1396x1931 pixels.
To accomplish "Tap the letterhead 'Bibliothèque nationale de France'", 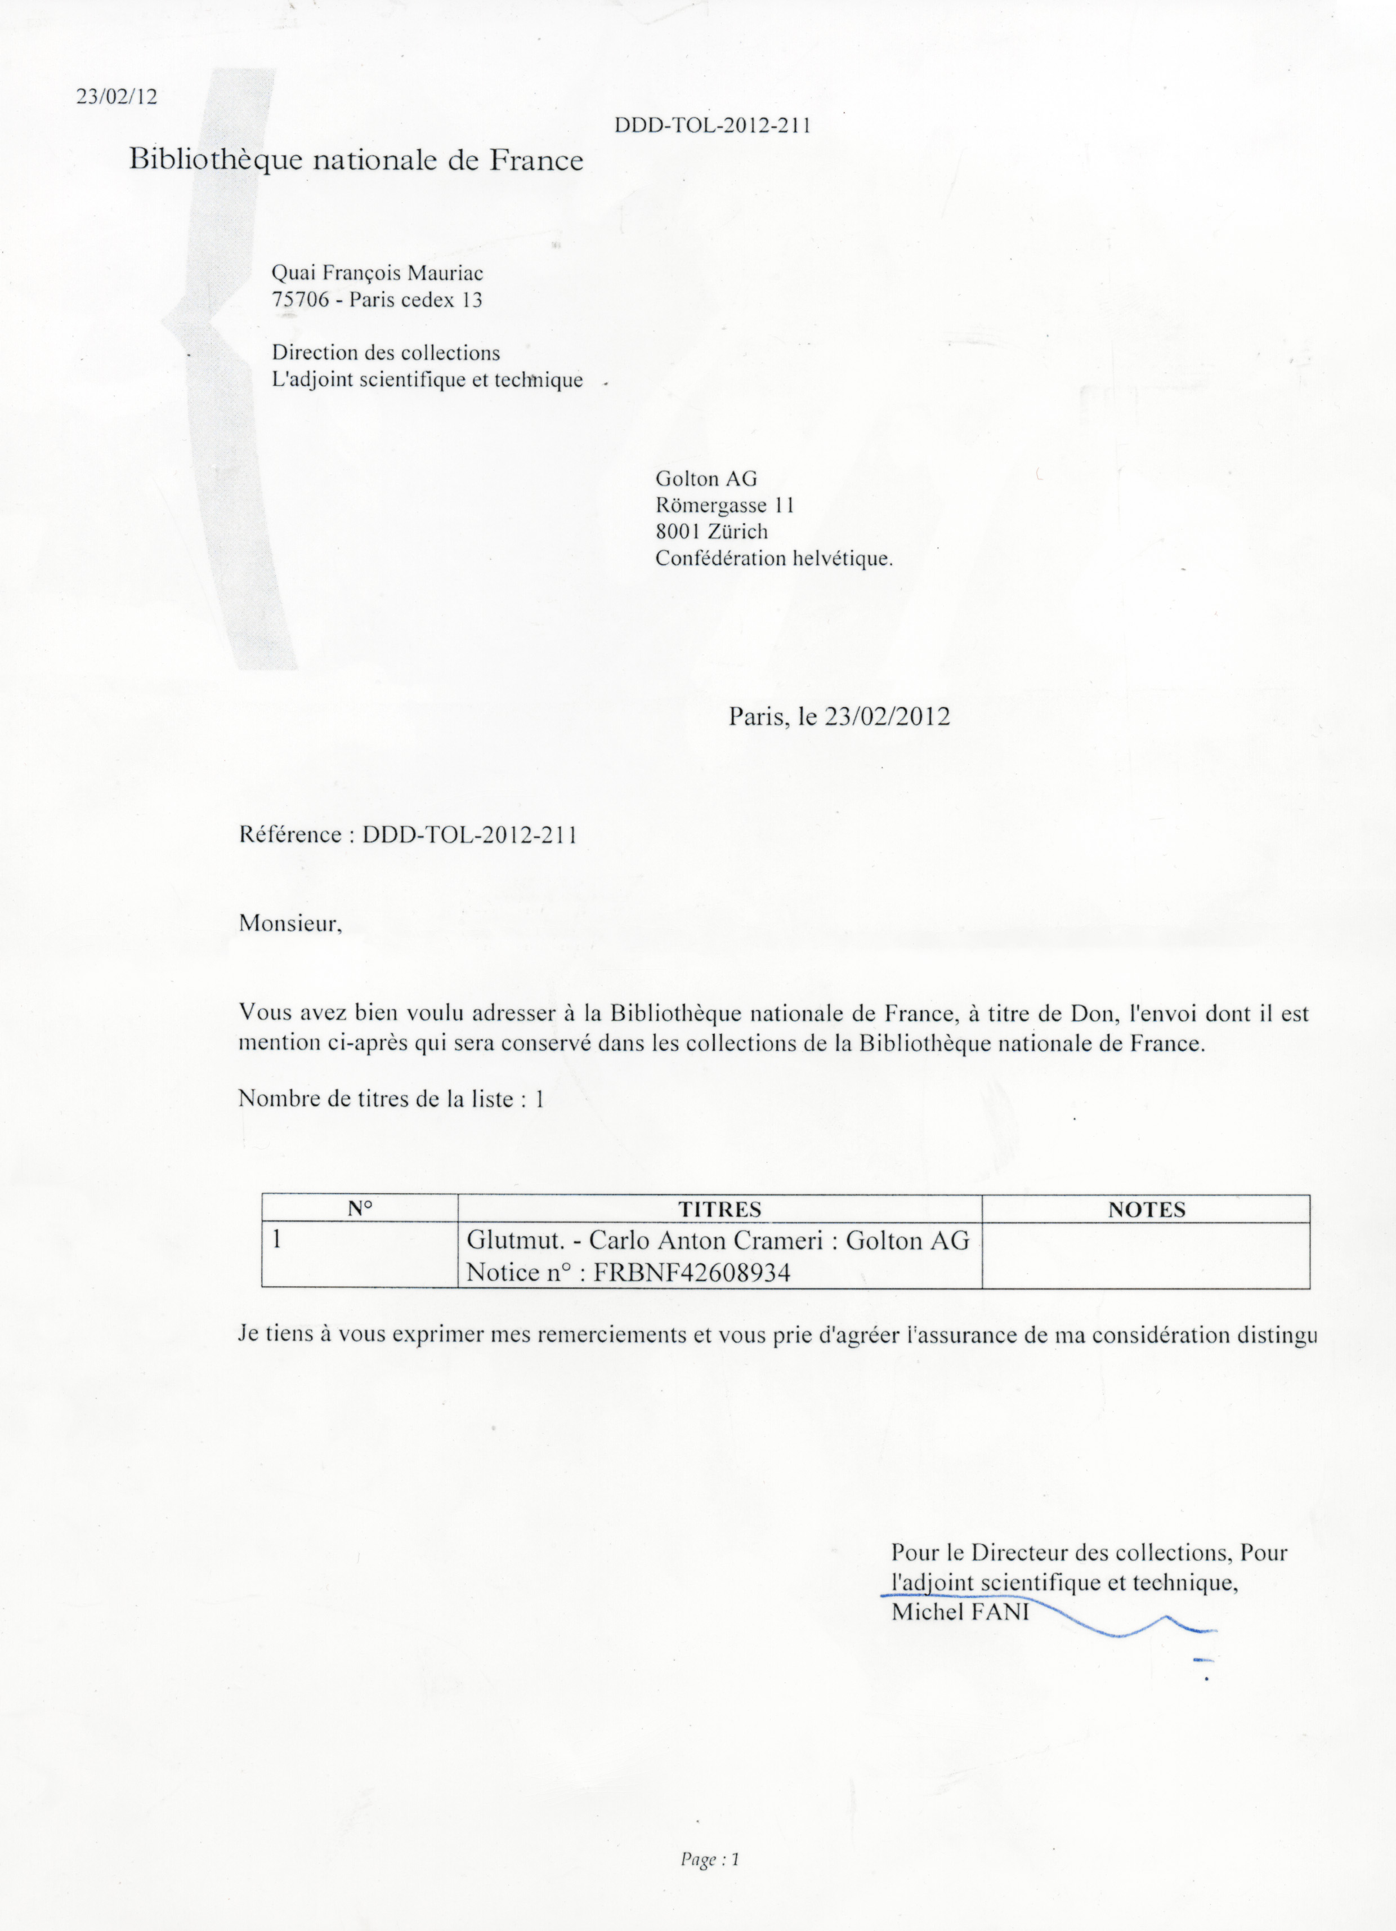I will (x=356, y=160).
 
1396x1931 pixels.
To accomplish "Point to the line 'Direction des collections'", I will (x=386, y=353).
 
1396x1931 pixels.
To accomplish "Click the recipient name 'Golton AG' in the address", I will (x=706, y=479).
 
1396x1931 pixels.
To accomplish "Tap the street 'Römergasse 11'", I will (x=724, y=505).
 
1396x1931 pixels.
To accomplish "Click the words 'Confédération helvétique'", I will (x=773, y=559).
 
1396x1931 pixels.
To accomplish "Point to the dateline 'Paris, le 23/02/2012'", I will (x=839, y=716).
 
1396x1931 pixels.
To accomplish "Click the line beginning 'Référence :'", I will (x=408, y=835).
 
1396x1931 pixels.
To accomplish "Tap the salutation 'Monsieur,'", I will (x=290, y=923).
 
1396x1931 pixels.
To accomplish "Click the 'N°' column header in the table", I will (x=360, y=1209).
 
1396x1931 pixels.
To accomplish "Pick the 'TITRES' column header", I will (x=719, y=1209).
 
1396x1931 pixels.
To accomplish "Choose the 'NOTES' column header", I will (x=1146, y=1210).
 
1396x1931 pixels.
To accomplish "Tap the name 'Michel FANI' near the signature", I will (x=960, y=1612).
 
